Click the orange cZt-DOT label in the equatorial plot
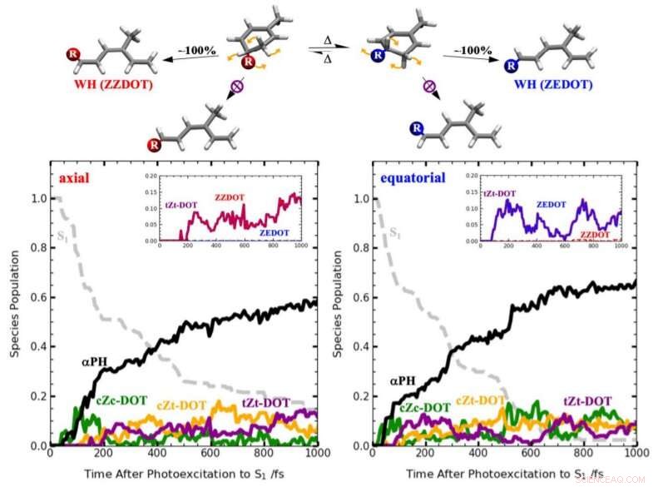point(482,401)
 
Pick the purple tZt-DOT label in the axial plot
point(265,403)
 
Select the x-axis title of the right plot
point(504,474)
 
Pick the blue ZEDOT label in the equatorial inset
point(552,202)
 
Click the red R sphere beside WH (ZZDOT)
point(72,57)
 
